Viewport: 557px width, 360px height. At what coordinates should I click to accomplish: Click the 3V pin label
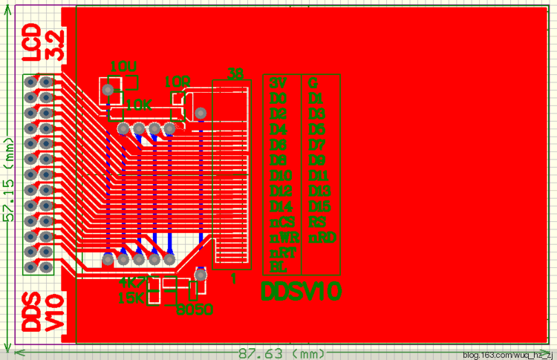pyautogui.click(x=278, y=82)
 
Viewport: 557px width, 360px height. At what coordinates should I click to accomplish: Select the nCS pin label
pyautogui.click(x=282, y=223)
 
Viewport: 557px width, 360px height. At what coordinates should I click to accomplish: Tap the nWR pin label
pyautogui.click(x=284, y=238)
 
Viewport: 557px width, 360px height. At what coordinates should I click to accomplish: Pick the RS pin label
pyautogui.click(x=317, y=222)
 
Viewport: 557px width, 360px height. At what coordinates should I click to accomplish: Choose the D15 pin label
pyautogui.click(x=319, y=206)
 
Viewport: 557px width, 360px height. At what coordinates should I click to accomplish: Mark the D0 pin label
pyautogui.click(x=278, y=98)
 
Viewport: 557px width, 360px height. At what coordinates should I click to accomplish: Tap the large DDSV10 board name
pyautogui.click(x=302, y=292)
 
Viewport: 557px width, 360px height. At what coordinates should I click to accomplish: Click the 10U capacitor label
pyautogui.click(x=123, y=66)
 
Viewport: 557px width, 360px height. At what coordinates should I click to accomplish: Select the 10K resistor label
pyautogui.click(x=139, y=105)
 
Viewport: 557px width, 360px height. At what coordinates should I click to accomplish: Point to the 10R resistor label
pyautogui.click(x=177, y=81)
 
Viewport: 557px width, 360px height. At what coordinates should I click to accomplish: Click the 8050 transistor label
pyautogui.click(x=194, y=309)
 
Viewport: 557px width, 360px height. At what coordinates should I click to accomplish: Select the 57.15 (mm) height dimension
pyautogui.click(x=10, y=178)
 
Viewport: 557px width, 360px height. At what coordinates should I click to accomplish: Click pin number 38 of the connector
pyautogui.click(x=235, y=73)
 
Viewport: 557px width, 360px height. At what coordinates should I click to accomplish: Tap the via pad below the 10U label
pyautogui.click(x=108, y=91)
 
